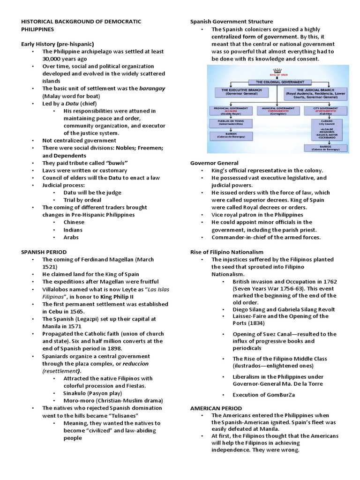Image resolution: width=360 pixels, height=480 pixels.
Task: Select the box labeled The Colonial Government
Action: [277, 82]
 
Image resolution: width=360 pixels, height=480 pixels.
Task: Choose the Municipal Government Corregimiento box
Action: [278, 111]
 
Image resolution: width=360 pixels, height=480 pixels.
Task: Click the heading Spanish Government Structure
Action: [231, 22]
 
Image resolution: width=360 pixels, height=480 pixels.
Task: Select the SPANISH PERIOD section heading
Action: [44, 252]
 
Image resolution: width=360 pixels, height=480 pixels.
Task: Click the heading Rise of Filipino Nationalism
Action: [226, 252]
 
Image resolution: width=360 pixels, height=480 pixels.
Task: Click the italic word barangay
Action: [152, 88]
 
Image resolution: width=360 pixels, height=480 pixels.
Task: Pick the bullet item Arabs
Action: [71, 237]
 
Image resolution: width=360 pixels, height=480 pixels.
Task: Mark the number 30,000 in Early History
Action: [53, 59]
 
